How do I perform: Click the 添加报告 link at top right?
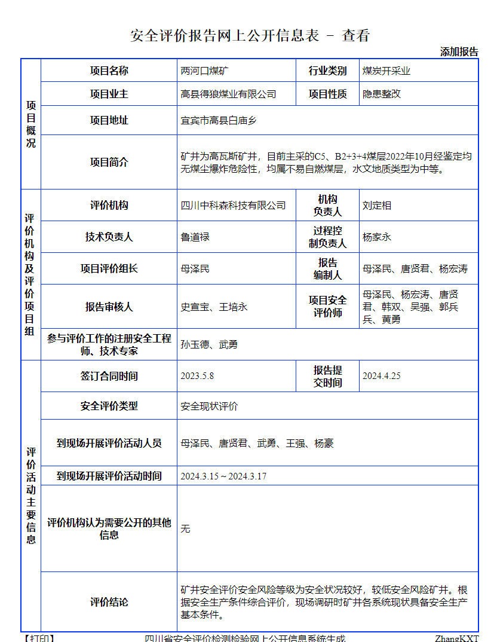pyautogui.click(x=459, y=52)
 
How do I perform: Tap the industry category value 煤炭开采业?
pyautogui.click(x=386, y=71)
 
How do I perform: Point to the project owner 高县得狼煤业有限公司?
pyautogui.click(x=228, y=94)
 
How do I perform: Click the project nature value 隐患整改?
pyautogui.click(x=382, y=94)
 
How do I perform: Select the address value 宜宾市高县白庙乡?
pyautogui.click(x=218, y=120)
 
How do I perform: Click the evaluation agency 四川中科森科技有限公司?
pyautogui.click(x=233, y=205)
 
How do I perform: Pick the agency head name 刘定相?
pyautogui.click(x=377, y=205)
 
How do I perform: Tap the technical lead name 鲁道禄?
pyautogui.click(x=195, y=237)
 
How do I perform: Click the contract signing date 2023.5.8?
pyautogui.click(x=197, y=376)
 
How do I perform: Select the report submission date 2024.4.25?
pyautogui.click(x=381, y=376)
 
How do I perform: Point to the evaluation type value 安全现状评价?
pyautogui.click(x=209, y=406)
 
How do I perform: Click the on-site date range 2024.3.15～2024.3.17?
pyautogui.click(x=223, y=476)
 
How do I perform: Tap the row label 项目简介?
pyautogui.click(x=109, y=162)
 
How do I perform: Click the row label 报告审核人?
pyautogui.click(x=109, y=307)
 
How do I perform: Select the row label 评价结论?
pyautogui.click(x=109, y=602)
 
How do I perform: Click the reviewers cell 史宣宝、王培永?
pyautogui.click(x=214, y=307)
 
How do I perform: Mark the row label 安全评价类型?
pyautogui.click(x=109, y=406)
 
